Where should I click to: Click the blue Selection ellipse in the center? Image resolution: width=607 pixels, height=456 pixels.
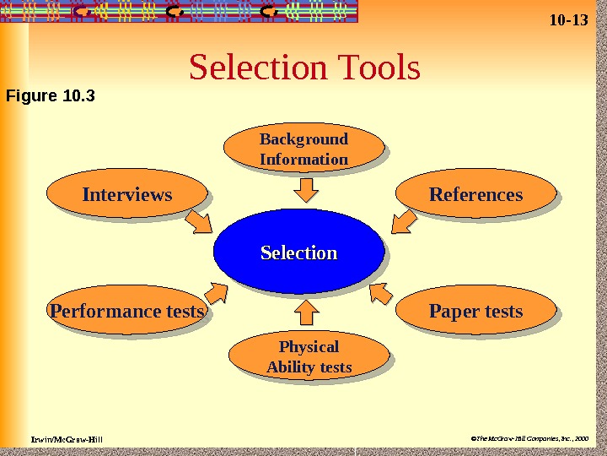pyautogui.click(x=298, y=252)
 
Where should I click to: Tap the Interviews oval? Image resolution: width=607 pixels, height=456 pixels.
pyautogui.click(x=127, y=195)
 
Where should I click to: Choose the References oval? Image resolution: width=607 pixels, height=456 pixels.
pyautogui.click(x=475, y=195)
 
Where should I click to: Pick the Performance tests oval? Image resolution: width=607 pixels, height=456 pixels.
pyautogui.click(x=127, y=312)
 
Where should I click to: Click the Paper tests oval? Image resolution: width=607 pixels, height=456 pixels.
pyautogui.click(x=475, y=312)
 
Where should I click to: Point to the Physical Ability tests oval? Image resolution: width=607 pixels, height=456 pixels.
pyautogui.click(x=309, y=357)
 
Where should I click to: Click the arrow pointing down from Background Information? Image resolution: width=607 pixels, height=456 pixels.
pyautogui.click(x=305, y=189)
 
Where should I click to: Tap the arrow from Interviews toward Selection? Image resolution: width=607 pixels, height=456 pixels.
pyautogui.click(x=201, y=222)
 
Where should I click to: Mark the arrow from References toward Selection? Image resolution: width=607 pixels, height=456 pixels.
pyautogui.click(x=404, y=221)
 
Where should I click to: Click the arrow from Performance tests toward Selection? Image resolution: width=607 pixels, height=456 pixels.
pyautogui.click(x=214, y=293)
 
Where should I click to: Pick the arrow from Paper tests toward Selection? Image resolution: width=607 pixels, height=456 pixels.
pyautogui.click(x=381, y=292)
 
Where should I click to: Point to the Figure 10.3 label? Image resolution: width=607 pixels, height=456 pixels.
pyautogui.click(x=51, y=95)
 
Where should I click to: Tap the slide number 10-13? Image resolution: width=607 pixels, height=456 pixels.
pyautogui.click(x=567, y=19)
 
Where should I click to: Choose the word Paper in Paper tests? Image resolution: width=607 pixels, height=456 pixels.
pyautogui.click(x=453, y=312)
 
